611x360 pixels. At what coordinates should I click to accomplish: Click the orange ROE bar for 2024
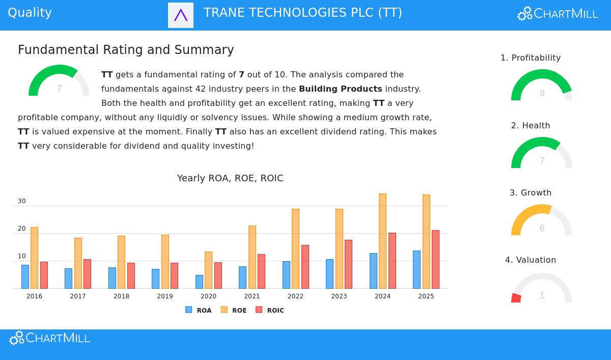(382, 241)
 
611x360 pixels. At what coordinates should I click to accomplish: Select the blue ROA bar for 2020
(199, 282)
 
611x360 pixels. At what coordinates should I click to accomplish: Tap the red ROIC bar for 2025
(435, 259)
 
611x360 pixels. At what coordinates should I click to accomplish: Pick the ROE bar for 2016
(34, 258)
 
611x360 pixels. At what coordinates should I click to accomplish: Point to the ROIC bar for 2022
(305, 266)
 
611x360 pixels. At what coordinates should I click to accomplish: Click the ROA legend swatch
(189, 310)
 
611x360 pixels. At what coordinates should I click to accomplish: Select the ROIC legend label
(275, 311)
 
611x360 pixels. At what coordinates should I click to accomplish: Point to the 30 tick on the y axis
(22, 201)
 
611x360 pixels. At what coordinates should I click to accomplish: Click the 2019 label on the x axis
(165, 296)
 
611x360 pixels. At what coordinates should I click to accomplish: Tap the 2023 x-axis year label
(339, 296)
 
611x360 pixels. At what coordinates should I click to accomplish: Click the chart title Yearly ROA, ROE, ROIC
(230, 178)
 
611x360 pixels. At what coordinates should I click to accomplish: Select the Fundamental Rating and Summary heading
(126, 50)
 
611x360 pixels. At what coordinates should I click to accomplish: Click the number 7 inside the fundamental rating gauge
(60, 89)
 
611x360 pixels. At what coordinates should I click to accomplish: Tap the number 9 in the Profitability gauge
(542, 93)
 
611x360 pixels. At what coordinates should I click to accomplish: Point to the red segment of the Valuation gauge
(516, 298)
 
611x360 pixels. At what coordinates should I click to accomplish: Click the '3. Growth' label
(531, 193)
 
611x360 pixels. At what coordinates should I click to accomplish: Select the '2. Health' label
(531, 126)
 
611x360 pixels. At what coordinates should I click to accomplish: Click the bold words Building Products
(340, 89)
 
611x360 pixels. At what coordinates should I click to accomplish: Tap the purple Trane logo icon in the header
(181, 15)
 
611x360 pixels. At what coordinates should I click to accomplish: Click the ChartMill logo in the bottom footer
(50, 338)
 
